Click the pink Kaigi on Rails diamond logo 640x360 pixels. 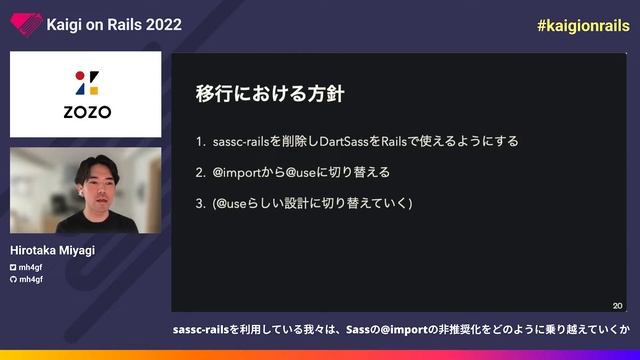pyautogui.click(x=23, y=25)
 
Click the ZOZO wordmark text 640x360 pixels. pyautogui.click(x=87, y=111)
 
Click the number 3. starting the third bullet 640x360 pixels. pyautogui.click(x=201, y=204)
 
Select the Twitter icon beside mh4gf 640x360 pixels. pyautogui.click(x=13, y=268)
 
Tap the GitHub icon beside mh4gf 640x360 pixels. pyautogui.click(x=13, y=279)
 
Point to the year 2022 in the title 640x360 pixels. pyautogui.click(x=163, y=25)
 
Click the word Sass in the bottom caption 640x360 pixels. pyautogui.click(x=357, y=329)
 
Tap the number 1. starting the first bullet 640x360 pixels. pyautogui.click(x=201, y=141)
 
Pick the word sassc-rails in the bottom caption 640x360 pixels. pyautogui.click(x=200, y=329)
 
